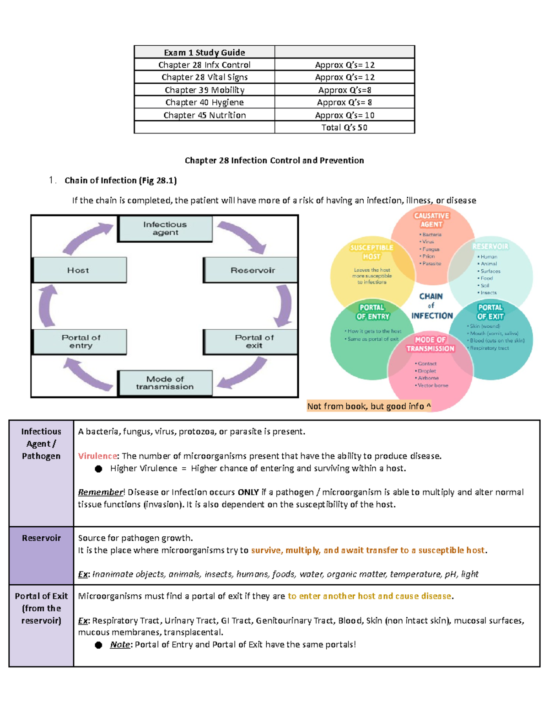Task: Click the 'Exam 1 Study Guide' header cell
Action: pos(205,52)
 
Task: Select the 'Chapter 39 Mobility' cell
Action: pos(205,90)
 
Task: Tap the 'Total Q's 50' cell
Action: pos(344,128)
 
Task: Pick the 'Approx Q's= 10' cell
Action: pos(344,115)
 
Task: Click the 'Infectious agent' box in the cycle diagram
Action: pos(165,229)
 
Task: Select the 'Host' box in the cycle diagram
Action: pos(80,270)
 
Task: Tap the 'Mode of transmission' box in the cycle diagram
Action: pos(165,383)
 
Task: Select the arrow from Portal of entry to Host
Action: pos(45,305)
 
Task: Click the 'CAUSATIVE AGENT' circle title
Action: pos(431,220)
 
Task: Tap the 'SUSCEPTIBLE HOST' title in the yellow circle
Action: pos(372,252)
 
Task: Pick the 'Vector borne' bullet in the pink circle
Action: pos(431,385)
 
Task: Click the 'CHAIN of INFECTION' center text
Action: pos(431,306)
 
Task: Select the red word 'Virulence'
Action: pos(97,456)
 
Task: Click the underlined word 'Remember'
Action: pos(101,492)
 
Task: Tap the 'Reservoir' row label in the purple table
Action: pos(41,538)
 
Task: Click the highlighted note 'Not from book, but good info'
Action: pos(369,406)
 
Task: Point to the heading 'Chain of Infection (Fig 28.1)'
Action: pos(121,181)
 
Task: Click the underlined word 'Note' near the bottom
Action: pos(120,644)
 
